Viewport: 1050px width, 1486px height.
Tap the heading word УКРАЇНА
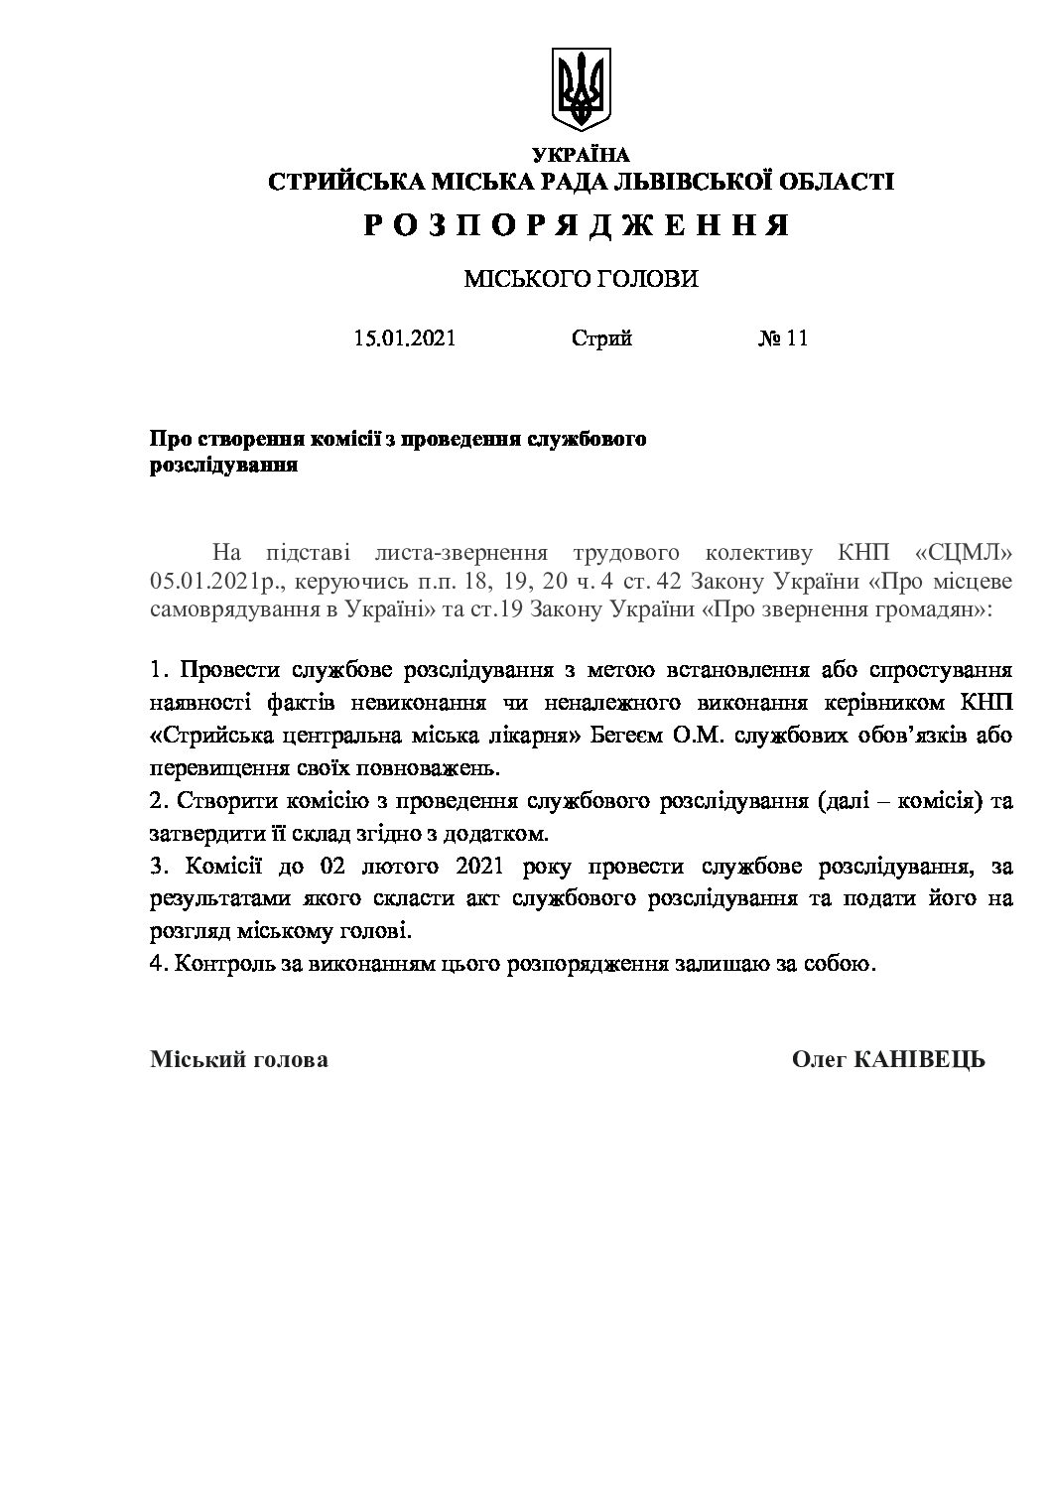(x=581, y=154)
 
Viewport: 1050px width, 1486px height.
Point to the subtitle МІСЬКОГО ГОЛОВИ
(x=581, y=280)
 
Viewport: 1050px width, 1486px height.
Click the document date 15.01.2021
(x=404, y=338)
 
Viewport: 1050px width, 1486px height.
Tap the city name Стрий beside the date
(x=601, y=338)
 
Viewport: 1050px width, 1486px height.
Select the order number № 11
(x=783, y=338)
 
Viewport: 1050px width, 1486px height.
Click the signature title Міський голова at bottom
(x=238, y=1060)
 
